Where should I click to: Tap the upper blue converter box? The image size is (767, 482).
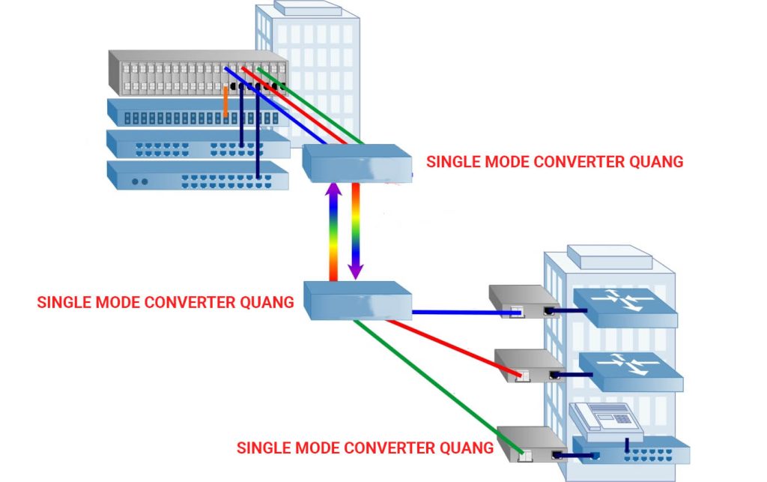[357, 163]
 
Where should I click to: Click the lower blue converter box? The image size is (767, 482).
[358, 300]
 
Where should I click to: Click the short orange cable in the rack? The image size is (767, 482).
[225, 102]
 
